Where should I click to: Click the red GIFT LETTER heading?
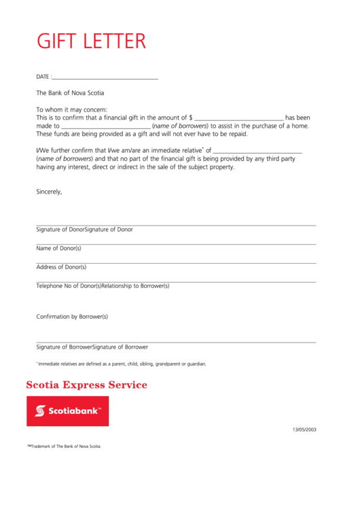[91, 41]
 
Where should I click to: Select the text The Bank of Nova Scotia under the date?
[70, 93]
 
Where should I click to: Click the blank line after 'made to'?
[106, 126]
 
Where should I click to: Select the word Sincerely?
[49, 192]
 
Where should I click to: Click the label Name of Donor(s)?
[58, 248]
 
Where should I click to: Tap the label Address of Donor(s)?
[61, 267]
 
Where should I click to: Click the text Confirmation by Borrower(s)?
[72, 317]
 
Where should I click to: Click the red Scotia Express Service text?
[86, 385]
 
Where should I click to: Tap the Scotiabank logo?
[67, 411]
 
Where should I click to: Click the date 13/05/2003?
[304, 429]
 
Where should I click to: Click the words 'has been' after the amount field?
[298, 118]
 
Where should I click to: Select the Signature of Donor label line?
[84, 230]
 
